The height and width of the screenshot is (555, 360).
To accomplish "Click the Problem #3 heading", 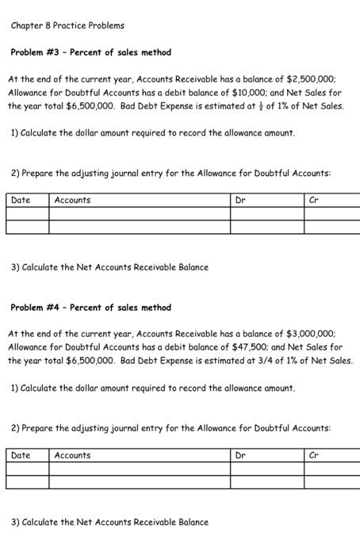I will coord(90,52).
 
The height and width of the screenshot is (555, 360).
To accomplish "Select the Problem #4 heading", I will coord(90,308).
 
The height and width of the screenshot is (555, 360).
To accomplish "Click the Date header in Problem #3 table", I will coord(21,201).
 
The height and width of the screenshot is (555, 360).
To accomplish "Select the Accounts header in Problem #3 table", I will coord(72,201).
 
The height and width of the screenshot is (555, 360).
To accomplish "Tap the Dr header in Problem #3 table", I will coord(241,201).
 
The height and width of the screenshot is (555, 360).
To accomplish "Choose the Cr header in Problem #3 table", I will coord(314,201).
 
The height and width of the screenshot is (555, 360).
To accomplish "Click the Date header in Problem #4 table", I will coord(21,456).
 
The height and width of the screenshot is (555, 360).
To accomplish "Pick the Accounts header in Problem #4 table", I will coord(72,456).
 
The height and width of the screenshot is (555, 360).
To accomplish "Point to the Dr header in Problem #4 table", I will coord(241,456).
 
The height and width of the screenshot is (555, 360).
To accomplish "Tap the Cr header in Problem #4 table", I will coord(314,456).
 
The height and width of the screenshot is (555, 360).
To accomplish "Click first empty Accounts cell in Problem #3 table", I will coord(140,214).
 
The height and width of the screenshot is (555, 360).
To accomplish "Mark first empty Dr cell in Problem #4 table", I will coord(267,469).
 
